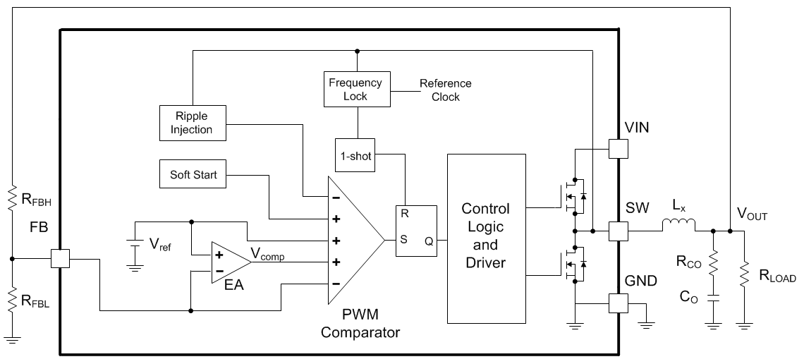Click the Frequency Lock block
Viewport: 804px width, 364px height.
355,89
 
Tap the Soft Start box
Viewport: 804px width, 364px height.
194,174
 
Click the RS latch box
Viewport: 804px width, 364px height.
416,231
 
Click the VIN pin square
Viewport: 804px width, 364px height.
619,148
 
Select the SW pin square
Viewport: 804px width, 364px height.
619,231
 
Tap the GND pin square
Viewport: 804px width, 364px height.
619,303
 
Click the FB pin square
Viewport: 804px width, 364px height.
61,259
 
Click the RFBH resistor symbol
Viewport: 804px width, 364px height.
12,198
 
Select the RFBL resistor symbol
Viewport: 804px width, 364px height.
12,300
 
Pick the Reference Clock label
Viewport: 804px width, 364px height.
445,90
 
